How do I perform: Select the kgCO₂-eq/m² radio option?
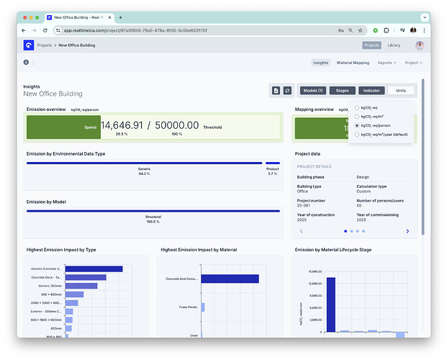(x=357, y=116)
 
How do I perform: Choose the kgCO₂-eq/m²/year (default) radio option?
(x=357, y=134)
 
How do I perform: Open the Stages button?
(x=343, y=91)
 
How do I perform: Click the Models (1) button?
(x=313, y=91)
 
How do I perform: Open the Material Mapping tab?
(x=353, y=63)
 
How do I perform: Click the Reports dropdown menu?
(x=387, y=63)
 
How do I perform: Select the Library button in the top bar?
(x=394, y=45)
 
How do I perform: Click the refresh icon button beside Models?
(x=287, y=91)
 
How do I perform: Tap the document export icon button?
(x=276, y=91)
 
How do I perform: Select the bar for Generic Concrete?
(x=94, y=269)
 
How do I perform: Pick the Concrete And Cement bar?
(x=229, y=279)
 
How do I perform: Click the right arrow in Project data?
(x=407, y=231)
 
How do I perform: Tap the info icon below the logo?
(x=26, y=63)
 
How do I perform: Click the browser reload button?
(x=45, y=30)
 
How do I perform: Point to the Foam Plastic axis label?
(x=189, y=306)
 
